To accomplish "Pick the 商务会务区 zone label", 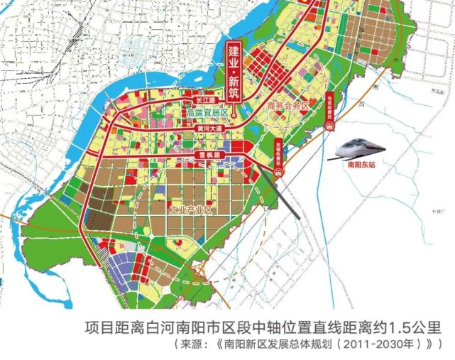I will pyautogui.click(x=289, y=106).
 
